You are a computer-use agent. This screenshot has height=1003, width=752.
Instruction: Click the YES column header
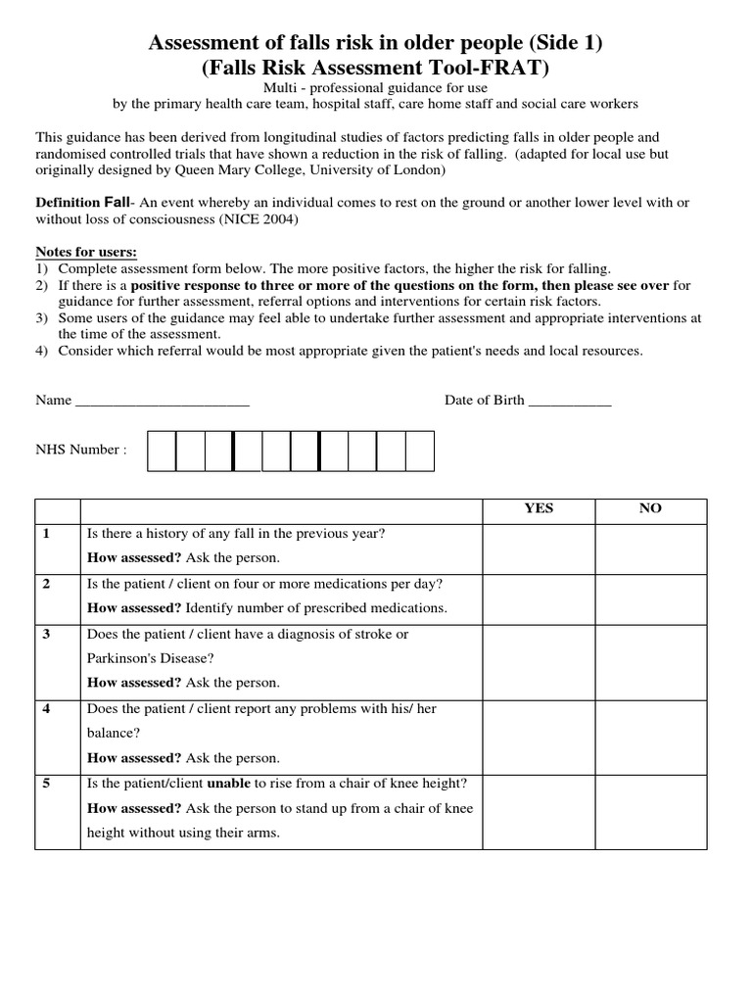[x=539, y=508]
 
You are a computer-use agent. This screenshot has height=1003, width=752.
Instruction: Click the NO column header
[x=650, y=508]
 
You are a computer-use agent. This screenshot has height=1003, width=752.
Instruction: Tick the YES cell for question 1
[x=539, y=549]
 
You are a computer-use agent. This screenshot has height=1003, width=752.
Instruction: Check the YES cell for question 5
[x=539, y=810]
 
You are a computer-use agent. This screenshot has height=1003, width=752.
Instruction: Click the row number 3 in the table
[x=46, y=635]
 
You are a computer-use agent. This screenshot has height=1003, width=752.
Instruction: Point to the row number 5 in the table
[x=46, y=784]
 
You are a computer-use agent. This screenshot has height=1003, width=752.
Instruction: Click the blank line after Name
[x=162, y=402]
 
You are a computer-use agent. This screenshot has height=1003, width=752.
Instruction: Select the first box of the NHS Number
[x=162, y=452]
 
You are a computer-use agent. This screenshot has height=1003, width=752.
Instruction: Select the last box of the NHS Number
[x=419, y=452]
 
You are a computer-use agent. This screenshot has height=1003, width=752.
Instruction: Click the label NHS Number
[x=81, y=450]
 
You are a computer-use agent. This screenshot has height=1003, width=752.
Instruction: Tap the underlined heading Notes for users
[x=86, y=251]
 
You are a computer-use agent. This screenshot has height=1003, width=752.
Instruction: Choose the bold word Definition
[x=68, y=202]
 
